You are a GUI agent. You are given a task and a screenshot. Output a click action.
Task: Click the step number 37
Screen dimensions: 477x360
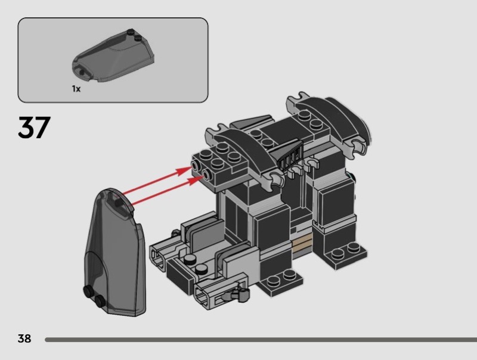click(x=35, y=128)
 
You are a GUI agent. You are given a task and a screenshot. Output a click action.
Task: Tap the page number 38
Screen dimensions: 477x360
click(x=24, y=339)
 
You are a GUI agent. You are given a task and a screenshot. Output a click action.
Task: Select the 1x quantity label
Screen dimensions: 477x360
click(x=76, y=89)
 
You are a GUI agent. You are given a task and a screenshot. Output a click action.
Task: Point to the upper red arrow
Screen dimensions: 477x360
click(x=157, y=180)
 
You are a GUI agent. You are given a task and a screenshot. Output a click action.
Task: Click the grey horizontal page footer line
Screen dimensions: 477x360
click(x=261, y=340)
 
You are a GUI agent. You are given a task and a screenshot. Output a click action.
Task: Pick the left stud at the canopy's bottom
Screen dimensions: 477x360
click(x=88, y=291)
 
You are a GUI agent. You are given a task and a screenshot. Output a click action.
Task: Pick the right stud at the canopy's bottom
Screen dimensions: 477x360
click(x=100, y=300)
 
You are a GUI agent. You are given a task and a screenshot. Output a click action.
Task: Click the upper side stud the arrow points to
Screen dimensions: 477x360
click(x=196, y=166)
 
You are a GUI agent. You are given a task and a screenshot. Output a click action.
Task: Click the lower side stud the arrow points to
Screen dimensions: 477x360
click(x=207, y=175)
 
